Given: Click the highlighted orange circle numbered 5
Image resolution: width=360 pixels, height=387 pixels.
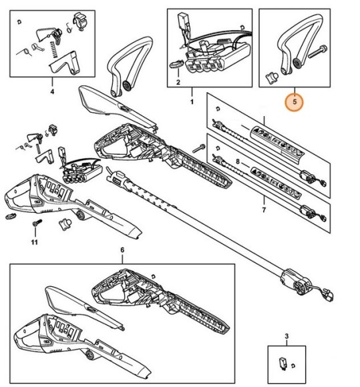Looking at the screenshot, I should pyautogui.click(x=295, y=103).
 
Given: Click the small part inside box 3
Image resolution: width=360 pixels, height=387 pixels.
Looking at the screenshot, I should pyautogui.click(x=283, y=364).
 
